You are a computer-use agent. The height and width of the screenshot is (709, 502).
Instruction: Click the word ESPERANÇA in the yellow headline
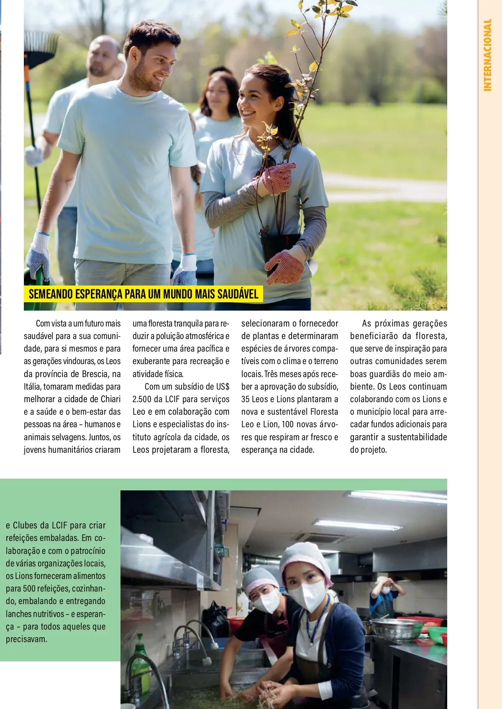coord(99,294)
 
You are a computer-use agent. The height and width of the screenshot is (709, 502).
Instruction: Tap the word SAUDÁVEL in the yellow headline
coord(238,294)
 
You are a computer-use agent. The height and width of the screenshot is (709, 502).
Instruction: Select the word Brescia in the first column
coord(95,374)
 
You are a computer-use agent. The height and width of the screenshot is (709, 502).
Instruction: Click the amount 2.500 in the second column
coord(142,399)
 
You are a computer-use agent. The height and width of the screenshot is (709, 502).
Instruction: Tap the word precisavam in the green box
coord(26,639)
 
